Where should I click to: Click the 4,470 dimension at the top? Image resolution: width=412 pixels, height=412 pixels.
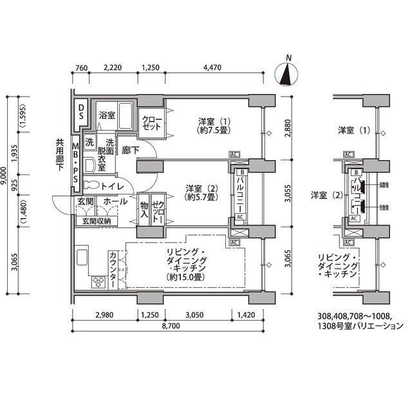coord(212,66)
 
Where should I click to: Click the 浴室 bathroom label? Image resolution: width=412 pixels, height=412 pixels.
coord(107,115)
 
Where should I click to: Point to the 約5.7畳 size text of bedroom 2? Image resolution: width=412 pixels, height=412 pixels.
coord(200,198)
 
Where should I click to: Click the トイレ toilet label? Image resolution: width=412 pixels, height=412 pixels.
coord(111,186)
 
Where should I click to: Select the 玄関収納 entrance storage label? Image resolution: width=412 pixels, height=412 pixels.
coord(97,221)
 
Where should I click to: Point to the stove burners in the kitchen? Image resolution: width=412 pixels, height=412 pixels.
coord(100,281)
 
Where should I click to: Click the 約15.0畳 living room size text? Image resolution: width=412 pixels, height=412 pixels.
coord(185,277)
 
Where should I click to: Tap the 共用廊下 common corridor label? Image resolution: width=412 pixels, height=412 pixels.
coord(60,155)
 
